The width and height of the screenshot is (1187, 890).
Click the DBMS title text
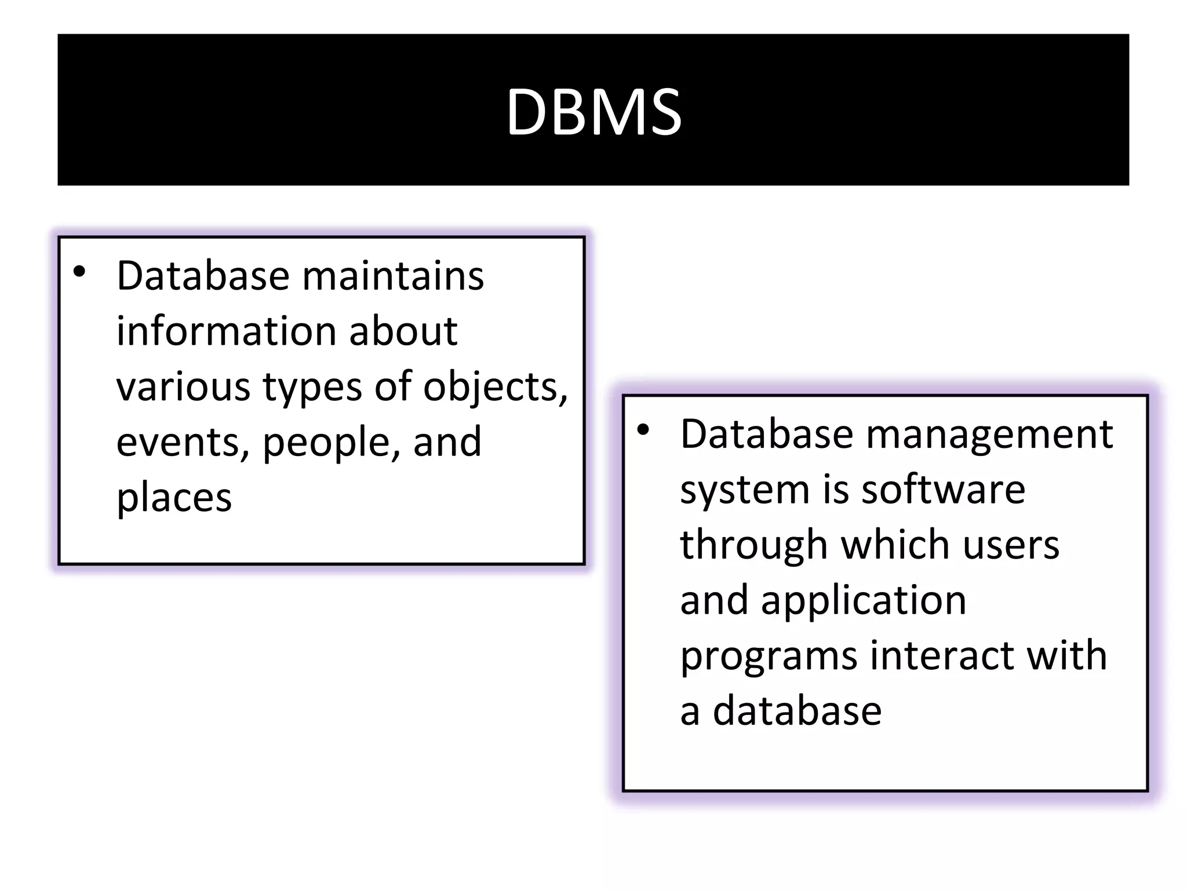(x=593, y=111)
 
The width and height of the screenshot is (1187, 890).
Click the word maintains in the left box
(x=392, y=276)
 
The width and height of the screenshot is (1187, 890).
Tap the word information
(x=225, y=331)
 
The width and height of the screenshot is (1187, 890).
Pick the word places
(x=174, y=497)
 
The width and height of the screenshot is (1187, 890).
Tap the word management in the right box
(x=989, y=434)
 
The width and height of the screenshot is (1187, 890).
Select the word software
(x=943, y=490)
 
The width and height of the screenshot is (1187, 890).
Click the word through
(x=753, y=545)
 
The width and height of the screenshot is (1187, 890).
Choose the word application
(x=864, y=601)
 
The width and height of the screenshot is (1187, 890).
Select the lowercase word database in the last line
(x=797, y=711)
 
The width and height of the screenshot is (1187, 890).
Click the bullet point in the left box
(x=79, y=272)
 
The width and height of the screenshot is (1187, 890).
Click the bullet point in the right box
(x=643, y=430)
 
